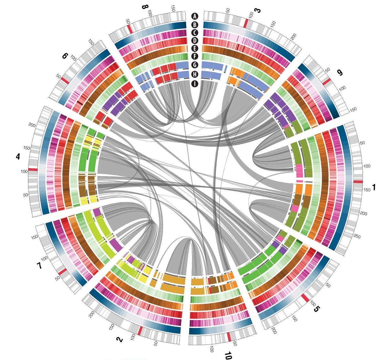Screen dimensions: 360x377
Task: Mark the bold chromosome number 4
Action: [18, 157]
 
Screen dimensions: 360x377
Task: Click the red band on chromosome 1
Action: [358, 182]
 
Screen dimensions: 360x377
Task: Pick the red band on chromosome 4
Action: [33, 169]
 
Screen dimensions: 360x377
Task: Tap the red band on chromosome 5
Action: [305, 298]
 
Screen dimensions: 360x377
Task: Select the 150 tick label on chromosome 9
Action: [353, 109]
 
